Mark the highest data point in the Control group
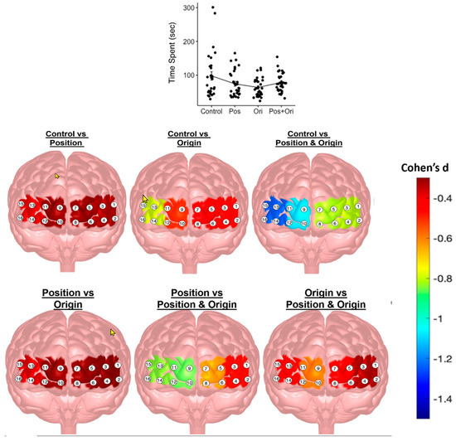coord(212,7)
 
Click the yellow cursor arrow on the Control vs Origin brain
coord(146,200)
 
